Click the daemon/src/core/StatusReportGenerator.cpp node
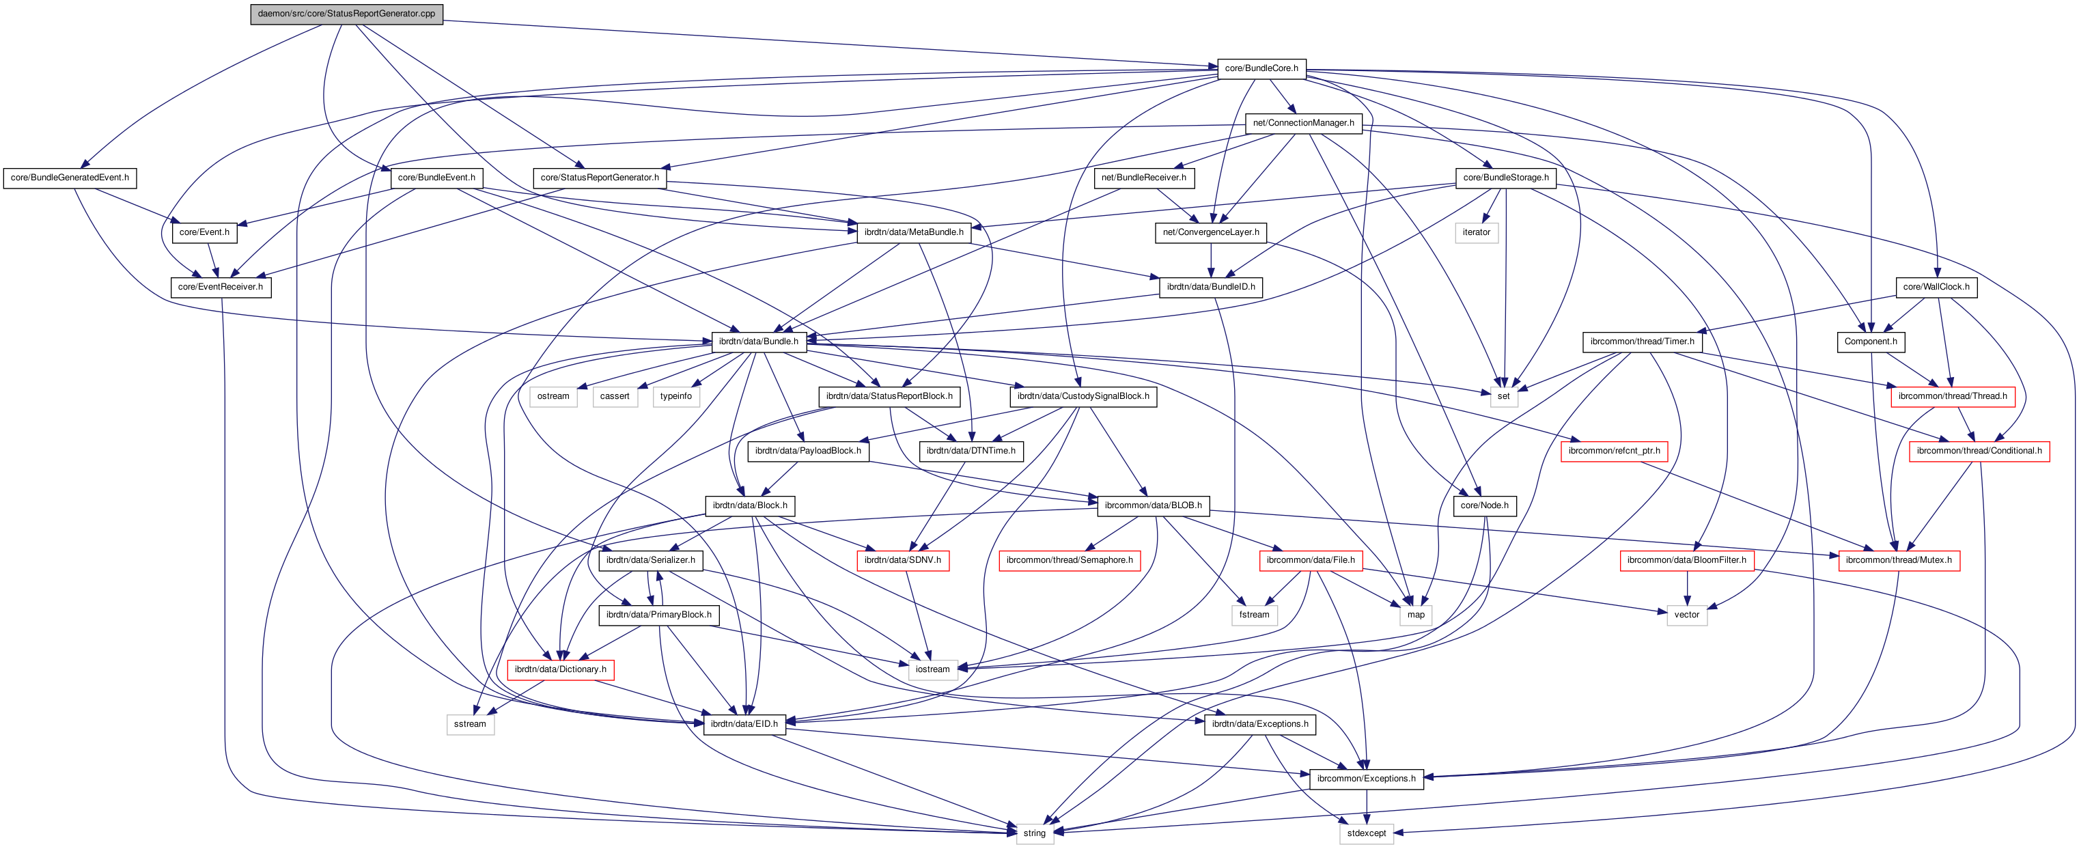pyautogui.click(x=346, y=14)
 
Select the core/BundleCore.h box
pyautogui.click(x=1261, y=68)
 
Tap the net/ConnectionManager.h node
pyautogui.click(x=1303, y=123)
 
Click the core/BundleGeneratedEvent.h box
pyautogui.click(x=70, y=178)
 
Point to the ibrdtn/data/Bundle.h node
pyautogui.click(x=758, y=342)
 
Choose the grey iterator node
pyautogui.click(x=1476, y=232)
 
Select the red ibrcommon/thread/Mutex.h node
pyautogui.click(x=1898, y=560)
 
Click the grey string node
pyautogui.click(x=1034, y=833)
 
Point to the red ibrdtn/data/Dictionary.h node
pyautogui.click(x=560, y=669)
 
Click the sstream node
pyautogui.click(x=470, y=724)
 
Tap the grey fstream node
pyautogui.click(x=1254, y=615)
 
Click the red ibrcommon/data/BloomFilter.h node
pyautogui.click(x=1686, y=560)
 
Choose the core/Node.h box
pyautogui.click(x=1484, y=505)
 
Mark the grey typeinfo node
pyautogui.click(x=675, y=396)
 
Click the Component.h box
pyautogui.click(x=1870, y=342)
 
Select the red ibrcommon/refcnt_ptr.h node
pyautogui.click(x=1613, y=451)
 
